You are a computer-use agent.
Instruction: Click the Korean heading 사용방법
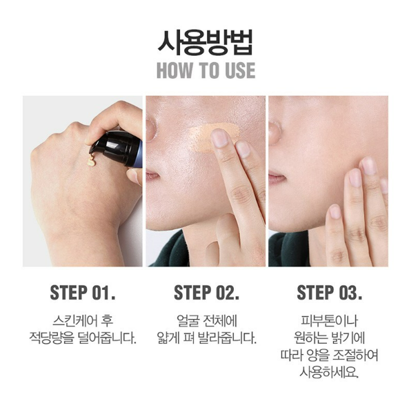pyautogui.click(x=206, y=43)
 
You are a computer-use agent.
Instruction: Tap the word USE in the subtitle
pyautogui.click(x=240, y=70)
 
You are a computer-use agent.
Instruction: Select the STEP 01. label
pyautogui.click(x=83, y=293)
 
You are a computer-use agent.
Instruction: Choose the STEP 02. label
pyautogui.click(x=206, y=293)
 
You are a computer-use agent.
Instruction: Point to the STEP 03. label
pyautogui.click(x=329, y=293)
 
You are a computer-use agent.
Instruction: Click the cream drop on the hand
pyautogui.click(x=91, y=162)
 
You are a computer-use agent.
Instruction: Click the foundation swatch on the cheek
pyautogui.click(x=215, y=137)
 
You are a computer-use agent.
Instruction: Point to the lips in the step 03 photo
pyautogui.click(x=277, y=178)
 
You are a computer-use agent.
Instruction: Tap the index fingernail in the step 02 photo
pyautogui.click(x=219, y=137)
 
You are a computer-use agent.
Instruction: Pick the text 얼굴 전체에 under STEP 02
pyautogui.click(x=207, y=321)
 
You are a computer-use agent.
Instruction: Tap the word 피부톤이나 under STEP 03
pyautogui.click(x=329, y=321)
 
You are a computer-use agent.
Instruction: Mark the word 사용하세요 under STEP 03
pyautogui.click(x=329, y=372)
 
